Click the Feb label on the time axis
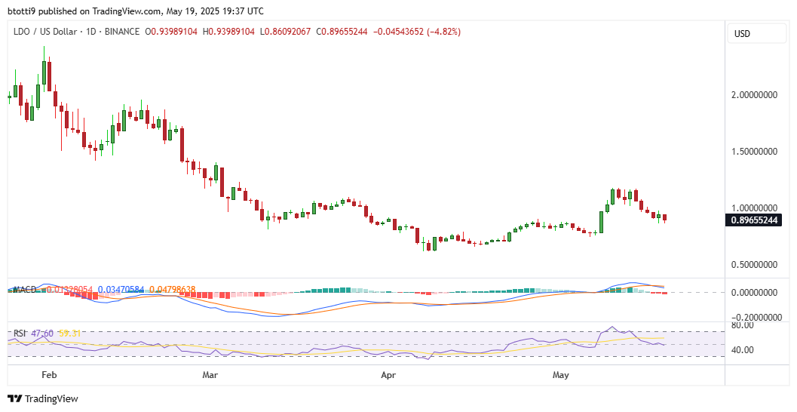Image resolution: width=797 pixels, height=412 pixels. pos(49,374)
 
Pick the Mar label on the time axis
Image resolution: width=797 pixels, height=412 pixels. pos(210,374)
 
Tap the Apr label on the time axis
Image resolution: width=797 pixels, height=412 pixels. pos(388,374)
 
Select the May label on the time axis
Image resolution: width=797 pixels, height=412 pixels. pos(561,374)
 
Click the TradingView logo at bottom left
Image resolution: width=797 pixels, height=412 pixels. pos(43,398)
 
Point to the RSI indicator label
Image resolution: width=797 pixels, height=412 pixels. pos(21,333)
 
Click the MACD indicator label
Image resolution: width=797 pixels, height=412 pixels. pos(24,289)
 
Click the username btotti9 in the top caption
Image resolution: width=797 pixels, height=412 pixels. pos(24,11)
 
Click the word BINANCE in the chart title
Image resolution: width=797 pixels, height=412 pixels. pos(123,32)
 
